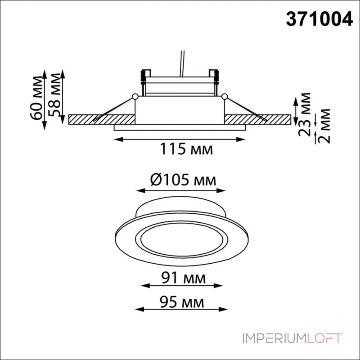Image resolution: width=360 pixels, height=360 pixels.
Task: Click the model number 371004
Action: (x=319, y=19)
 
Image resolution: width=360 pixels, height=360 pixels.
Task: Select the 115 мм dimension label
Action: (x=186, y=149)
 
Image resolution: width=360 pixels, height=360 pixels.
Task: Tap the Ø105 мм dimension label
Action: (x=183, y=180)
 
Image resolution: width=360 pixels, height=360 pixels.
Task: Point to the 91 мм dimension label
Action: (x=183, y=278)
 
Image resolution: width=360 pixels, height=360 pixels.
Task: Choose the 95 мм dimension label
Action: (x=182, y=302)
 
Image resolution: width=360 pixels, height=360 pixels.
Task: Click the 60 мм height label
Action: (x=37, y=98)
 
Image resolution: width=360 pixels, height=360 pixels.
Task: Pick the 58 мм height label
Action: (x=55, y=95)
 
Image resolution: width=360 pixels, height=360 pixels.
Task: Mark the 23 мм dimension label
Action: (x=304, y=114)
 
